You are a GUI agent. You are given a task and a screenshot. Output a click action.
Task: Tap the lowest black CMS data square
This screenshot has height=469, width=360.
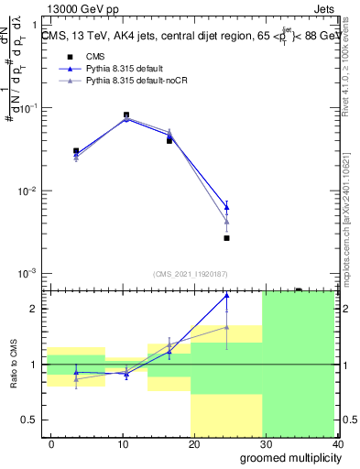(226, 238)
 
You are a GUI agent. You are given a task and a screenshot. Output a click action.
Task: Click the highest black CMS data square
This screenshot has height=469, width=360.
(126, 115)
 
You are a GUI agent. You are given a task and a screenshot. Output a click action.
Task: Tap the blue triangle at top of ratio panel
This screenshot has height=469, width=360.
(226, 296)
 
